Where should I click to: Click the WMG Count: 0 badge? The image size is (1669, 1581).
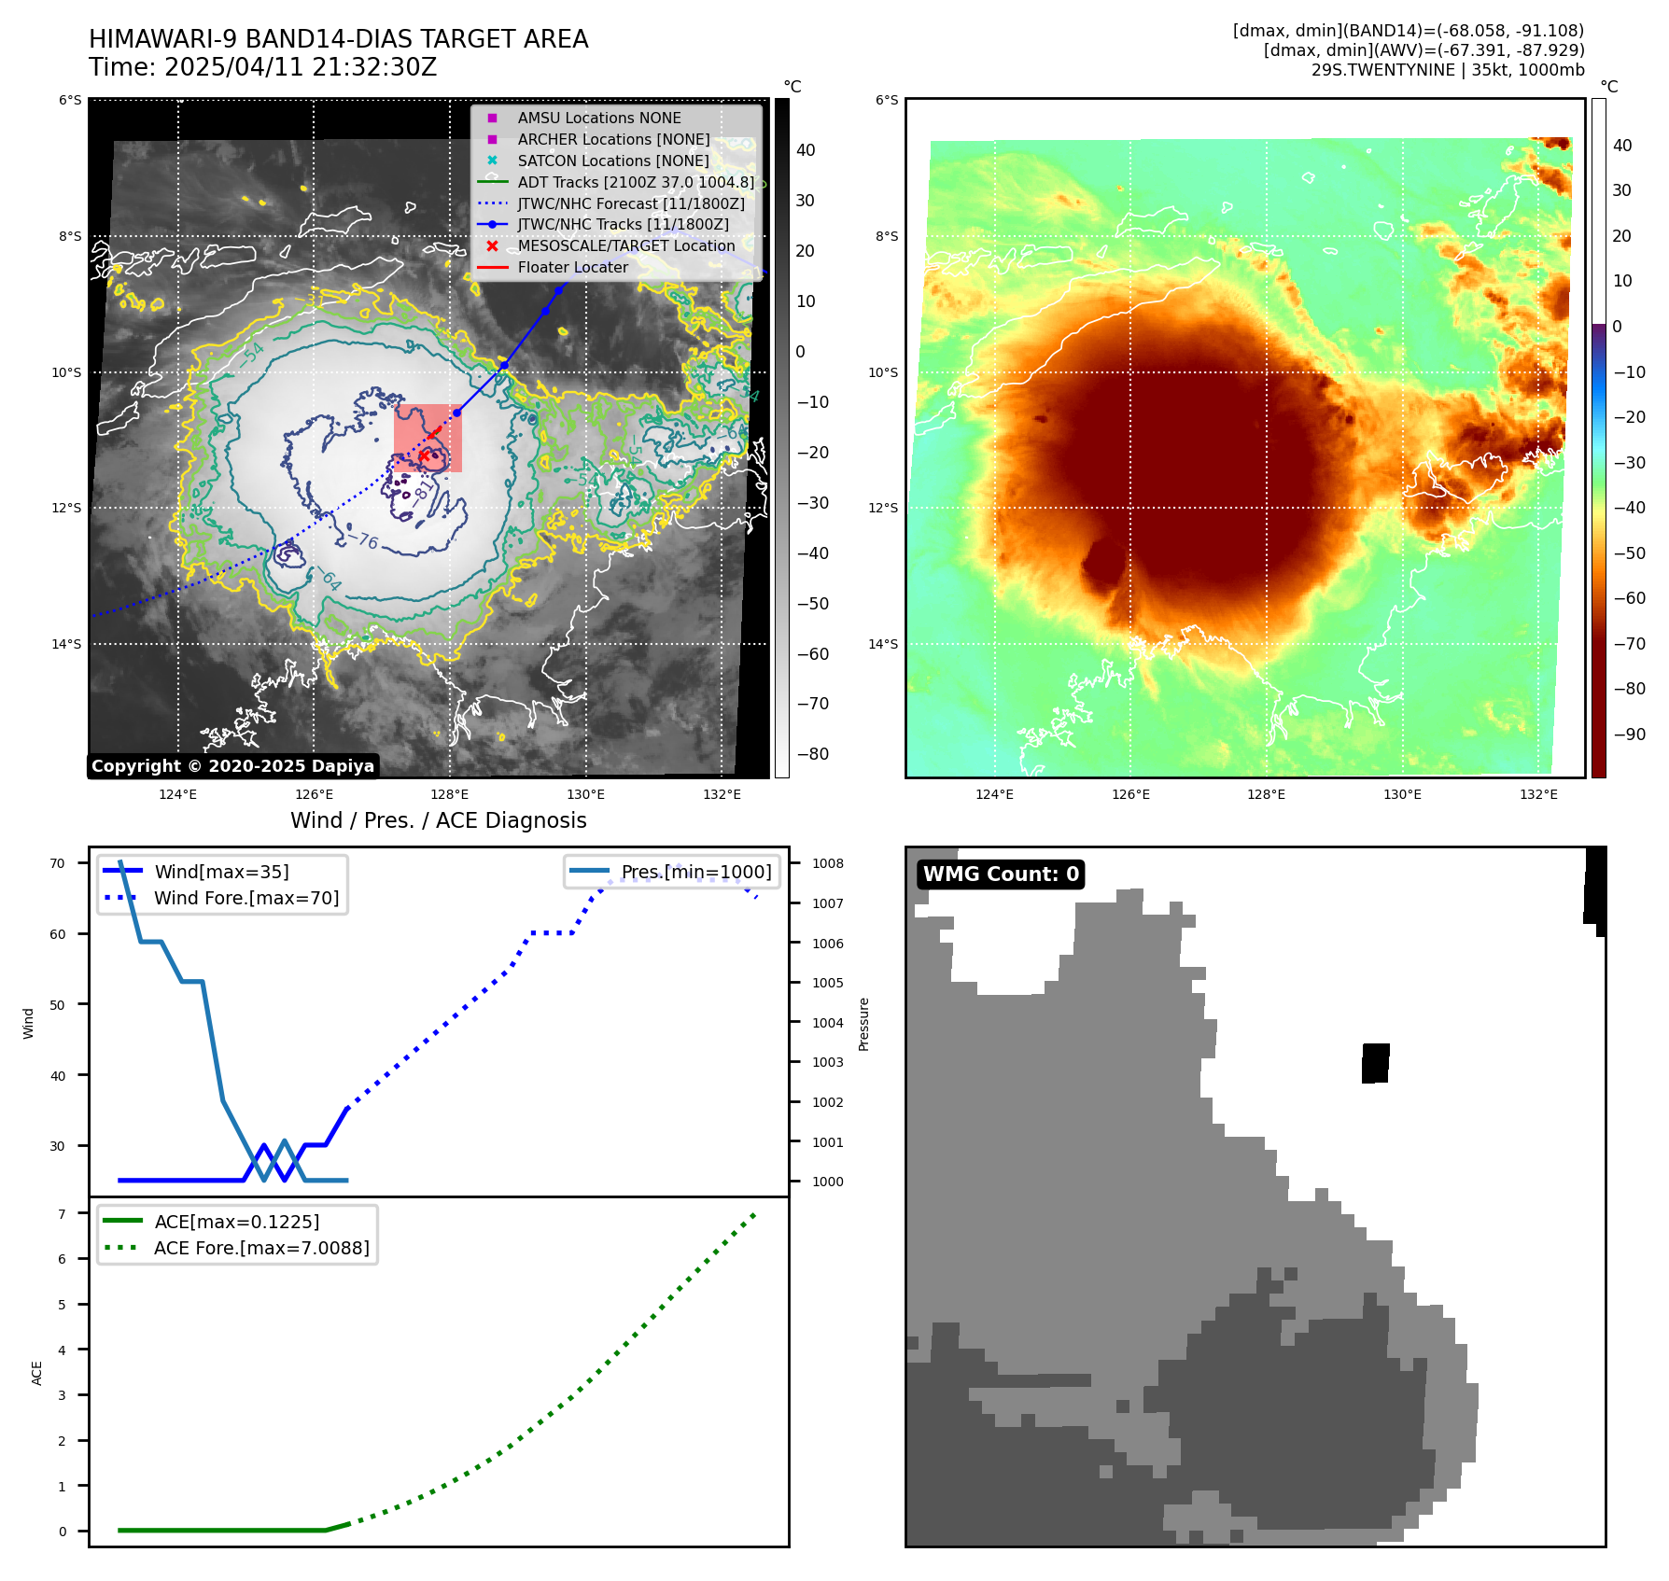tap(1001, 874)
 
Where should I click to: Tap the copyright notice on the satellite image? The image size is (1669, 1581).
tap(232, 766)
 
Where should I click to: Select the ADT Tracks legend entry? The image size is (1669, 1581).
tap(635, 182)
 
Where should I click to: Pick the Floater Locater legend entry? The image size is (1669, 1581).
tap(572, 267)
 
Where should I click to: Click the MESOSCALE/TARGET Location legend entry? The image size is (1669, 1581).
tap(625, 245)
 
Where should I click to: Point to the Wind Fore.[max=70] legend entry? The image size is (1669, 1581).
tap(246, 898)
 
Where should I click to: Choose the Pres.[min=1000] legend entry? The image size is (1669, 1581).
tap(696, 872)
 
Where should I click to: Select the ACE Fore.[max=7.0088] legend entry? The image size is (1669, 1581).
tap(261, 1248)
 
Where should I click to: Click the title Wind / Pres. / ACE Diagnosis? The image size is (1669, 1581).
tap(438, 820)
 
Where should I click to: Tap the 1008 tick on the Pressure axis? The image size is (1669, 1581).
tap(827, 863)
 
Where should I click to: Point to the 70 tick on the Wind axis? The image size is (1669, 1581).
tap(58, 863)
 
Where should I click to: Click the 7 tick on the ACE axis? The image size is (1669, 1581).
tap(63, 1214)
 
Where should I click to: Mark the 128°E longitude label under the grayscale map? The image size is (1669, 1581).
tap(450, 795)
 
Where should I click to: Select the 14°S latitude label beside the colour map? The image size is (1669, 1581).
tap(883, 644)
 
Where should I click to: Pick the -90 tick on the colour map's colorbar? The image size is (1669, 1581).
tap(1630, 735)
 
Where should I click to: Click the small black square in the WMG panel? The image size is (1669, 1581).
tap(1375, 1063)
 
